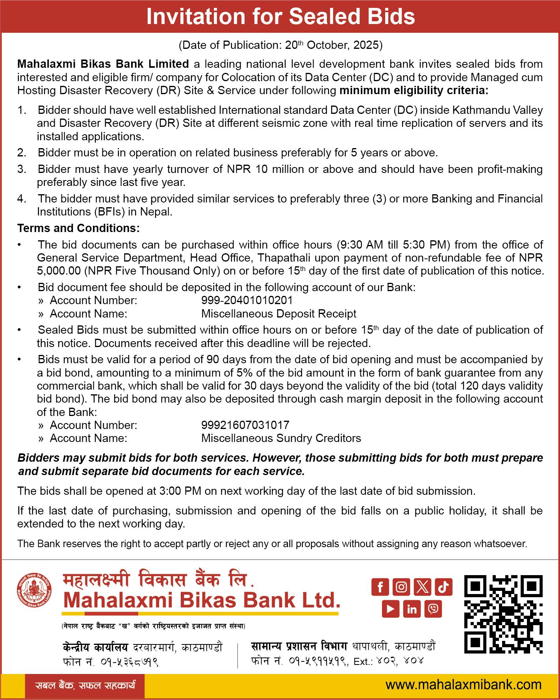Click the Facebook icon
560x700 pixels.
[380, 587]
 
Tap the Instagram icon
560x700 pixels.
[401, 587]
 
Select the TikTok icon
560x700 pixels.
[443, 587]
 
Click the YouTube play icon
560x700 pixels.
[391, 609]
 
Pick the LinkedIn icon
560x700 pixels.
[412, 609]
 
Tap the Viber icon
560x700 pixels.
[433, 609]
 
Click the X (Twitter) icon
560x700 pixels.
[423, 587]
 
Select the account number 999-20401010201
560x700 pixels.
[247, 301]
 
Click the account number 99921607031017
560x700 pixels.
[245, 425]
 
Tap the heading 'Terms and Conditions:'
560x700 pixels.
[78, 228]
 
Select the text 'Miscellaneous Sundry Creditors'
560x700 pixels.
[281, 438]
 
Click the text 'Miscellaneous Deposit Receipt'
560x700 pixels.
[278, 314]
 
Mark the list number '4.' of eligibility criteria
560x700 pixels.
[21, 199]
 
